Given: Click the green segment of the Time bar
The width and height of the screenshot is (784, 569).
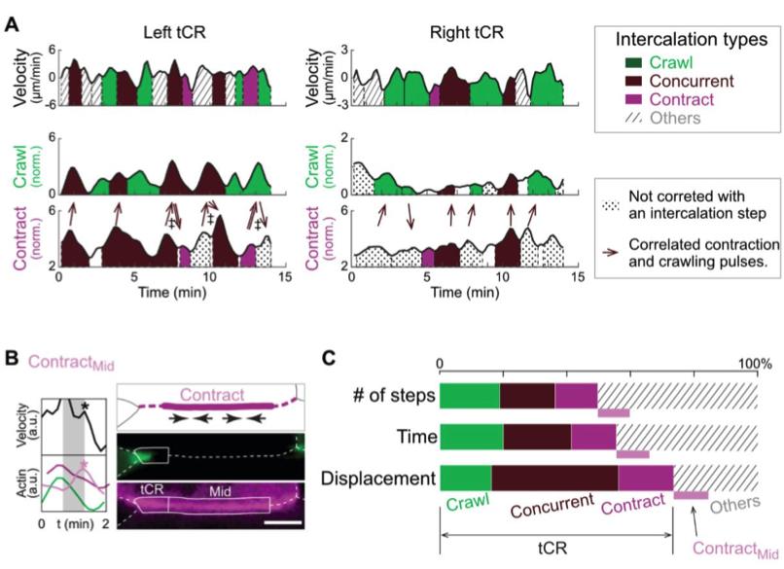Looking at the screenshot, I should (472, 436).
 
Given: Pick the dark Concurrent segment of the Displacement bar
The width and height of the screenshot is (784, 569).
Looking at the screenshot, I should (554, 479).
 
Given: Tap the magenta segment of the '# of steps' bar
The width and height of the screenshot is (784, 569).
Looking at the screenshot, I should (576, 395).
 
